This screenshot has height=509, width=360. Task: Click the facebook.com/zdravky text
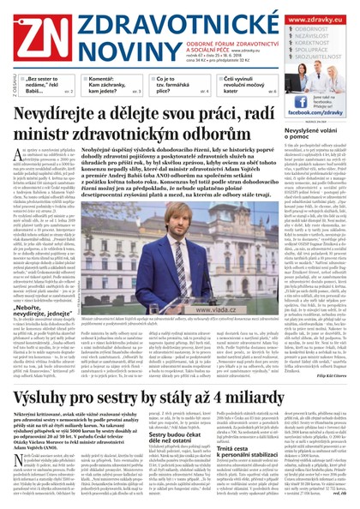(x=315, y=111)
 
